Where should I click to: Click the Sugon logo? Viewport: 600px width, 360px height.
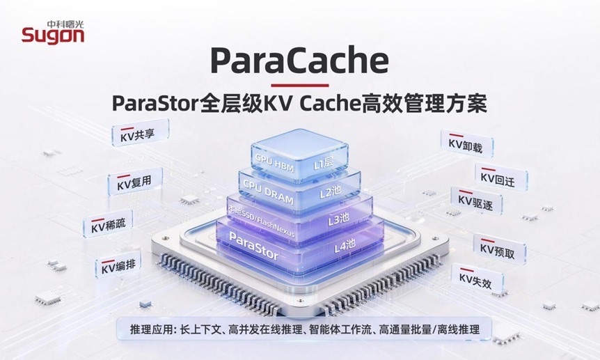[53, 32]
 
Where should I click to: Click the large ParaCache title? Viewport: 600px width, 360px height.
[299, 61]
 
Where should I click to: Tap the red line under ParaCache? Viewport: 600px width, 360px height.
[299, 86]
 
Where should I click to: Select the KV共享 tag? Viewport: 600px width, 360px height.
[140, 133]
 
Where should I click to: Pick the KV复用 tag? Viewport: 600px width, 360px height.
[135, 182]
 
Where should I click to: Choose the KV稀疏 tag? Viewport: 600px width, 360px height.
[108, 224]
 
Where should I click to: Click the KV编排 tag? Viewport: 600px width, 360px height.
[118, 265]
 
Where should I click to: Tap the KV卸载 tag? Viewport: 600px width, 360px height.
[467, 144]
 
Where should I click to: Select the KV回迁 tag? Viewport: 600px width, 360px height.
[501, 178]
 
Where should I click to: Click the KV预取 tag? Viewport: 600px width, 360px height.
[500, 249]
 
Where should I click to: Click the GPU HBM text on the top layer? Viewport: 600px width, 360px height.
[274, 163]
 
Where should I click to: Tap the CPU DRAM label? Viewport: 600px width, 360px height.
[268, 193]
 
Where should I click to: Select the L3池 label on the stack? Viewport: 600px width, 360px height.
[339, 219]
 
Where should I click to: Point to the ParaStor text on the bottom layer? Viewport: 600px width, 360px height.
[253, 246]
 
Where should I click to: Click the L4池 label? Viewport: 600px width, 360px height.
[345, 246]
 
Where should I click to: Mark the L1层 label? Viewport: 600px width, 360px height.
[324, 164]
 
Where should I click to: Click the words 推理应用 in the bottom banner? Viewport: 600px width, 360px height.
[151, 329]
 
